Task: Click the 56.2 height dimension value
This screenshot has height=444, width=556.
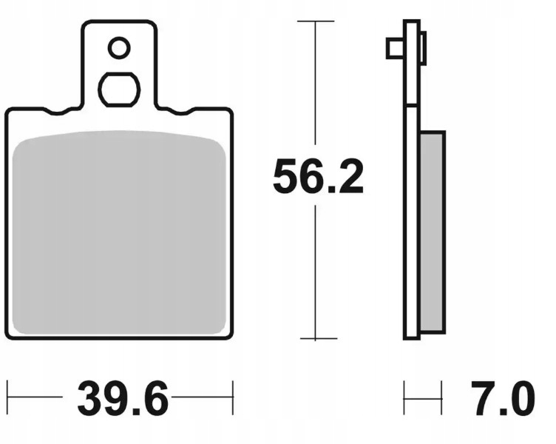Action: point(318,176)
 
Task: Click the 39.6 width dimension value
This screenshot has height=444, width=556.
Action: point(122,398)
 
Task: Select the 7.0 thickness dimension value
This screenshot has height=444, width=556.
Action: point(503,398)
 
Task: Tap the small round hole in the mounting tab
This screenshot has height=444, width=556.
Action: point(119,47)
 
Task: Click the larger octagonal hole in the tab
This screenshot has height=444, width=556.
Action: point(119,90)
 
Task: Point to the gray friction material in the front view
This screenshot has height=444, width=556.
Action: point(119,233)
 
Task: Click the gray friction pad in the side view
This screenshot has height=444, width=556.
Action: point(433,232)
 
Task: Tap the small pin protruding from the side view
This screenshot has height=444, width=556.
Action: point(396,48)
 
